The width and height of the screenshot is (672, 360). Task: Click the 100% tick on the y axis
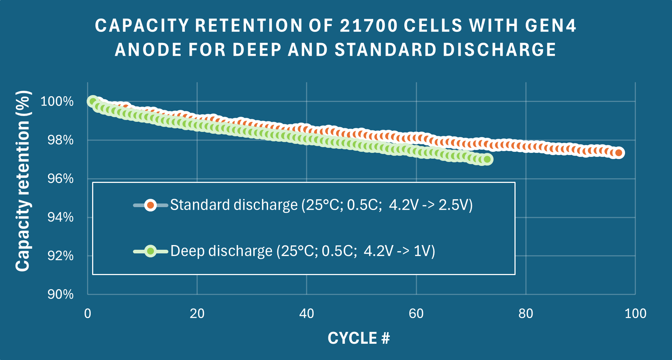tap(57, 101)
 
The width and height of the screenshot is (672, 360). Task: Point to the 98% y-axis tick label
tap(60, 140)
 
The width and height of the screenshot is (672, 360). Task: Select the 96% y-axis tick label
tap(60, 179)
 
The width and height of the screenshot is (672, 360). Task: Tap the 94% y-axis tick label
tap(60, 217)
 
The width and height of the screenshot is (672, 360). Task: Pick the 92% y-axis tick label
tap(60, 256)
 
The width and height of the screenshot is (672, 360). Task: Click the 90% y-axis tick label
tap(60, 294)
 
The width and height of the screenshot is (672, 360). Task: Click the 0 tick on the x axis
tap(87, 313)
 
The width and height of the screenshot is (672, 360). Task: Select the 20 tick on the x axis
tap(197, 313)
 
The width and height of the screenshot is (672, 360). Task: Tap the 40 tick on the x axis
tap(306, 313)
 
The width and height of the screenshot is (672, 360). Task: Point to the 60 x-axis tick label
tap(416, 313)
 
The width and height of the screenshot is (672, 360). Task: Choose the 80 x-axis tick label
tap(526, 313)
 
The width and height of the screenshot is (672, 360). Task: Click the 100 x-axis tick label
tap(635, 313)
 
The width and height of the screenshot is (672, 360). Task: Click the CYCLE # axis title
tap(359, 338)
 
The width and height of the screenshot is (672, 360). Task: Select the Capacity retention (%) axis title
tap(22, 181)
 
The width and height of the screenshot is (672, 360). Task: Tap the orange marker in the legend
tap(150, 205)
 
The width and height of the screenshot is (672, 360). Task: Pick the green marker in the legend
tap(150, 251)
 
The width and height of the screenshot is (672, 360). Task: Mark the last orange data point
tap(619, 153)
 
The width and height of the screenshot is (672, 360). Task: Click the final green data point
tap(487, 159)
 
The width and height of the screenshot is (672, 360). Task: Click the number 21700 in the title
tap(369, 26)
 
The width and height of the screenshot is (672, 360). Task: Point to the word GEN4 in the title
tap(551, 26)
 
